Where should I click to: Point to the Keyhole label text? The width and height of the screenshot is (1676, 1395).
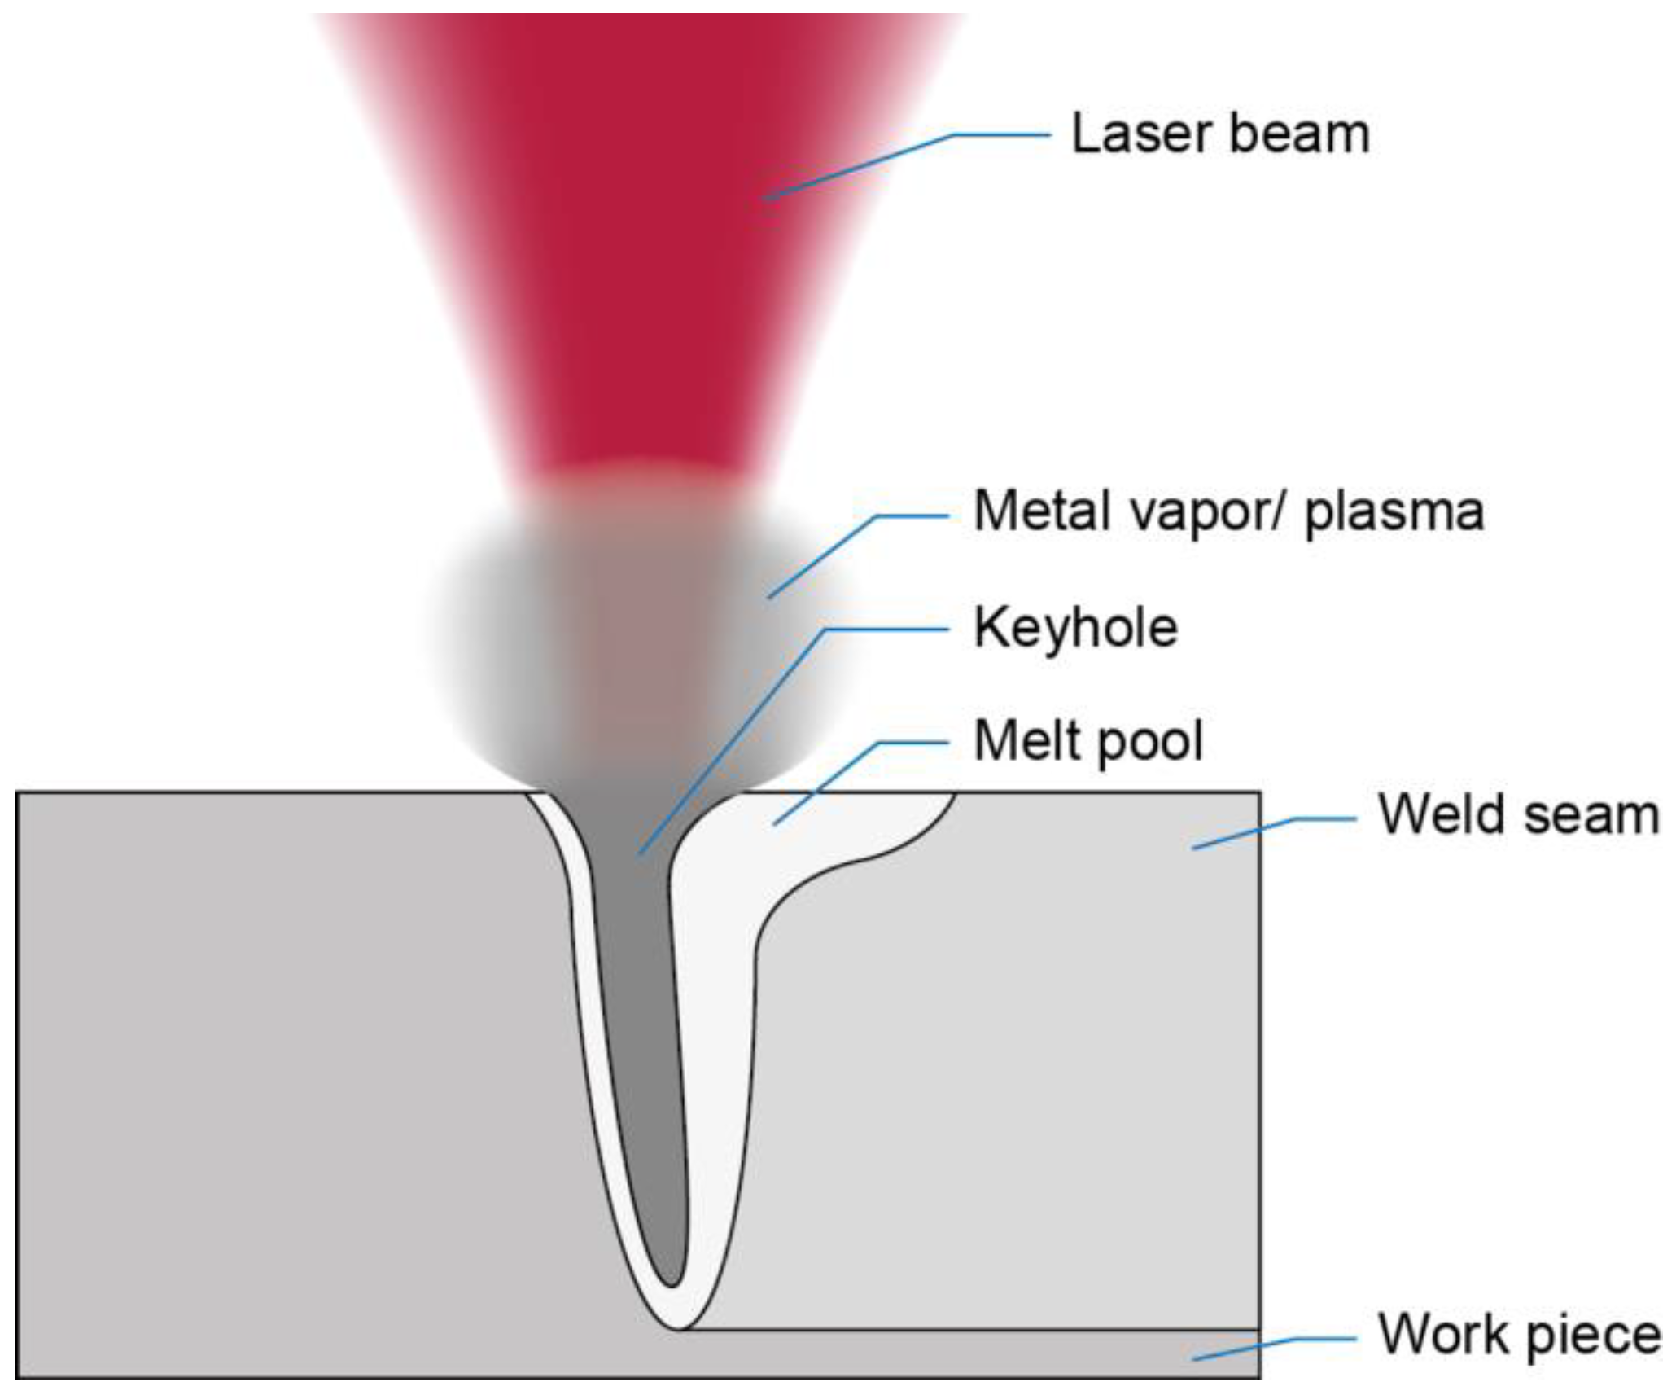click(1075, 628)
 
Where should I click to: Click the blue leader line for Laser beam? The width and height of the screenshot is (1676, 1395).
click(863, 165)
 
